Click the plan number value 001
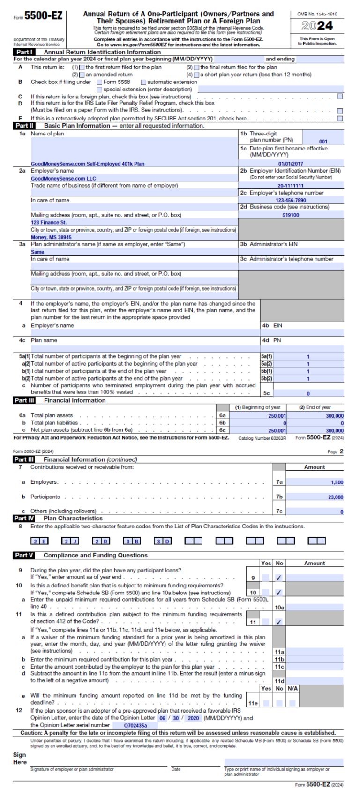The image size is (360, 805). [323, 141]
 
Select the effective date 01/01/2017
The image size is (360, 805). [291, 164]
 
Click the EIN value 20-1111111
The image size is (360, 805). [291, 186]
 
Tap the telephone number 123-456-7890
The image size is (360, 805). [291, 200]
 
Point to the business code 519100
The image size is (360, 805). [291, 215]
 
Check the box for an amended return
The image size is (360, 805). [82, 75]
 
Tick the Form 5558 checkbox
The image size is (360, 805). [99, 82]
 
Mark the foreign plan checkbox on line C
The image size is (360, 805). [340, 97]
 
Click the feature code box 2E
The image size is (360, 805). [39, 542]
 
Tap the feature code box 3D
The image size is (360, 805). [163, 542]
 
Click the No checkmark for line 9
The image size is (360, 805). [279, 578]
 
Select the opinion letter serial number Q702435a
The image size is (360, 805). [135, 725]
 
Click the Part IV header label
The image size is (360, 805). [24, 519]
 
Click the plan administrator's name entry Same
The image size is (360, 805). [37, 252]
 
